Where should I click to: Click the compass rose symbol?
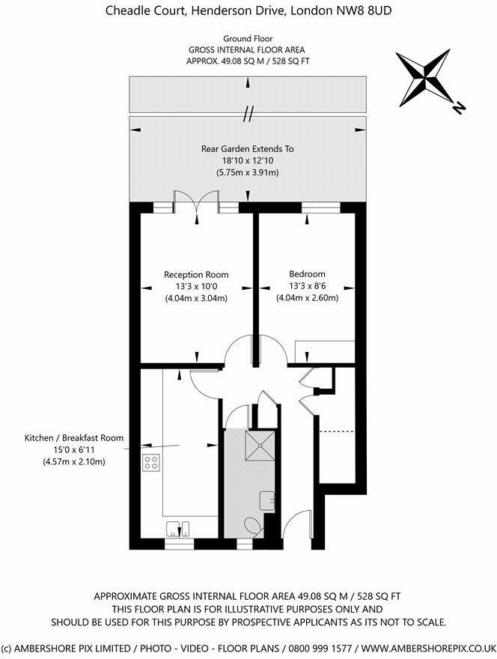click(425, 78)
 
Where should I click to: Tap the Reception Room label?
click(197, 275)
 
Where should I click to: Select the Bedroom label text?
click(307, 275)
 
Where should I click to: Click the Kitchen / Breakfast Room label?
click(74, 437)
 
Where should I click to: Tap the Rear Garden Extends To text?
click(247, 149)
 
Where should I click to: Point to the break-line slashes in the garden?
click(247, 113)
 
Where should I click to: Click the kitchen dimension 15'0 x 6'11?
click(74, 449)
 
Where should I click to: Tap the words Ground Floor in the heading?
click(247, 38)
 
